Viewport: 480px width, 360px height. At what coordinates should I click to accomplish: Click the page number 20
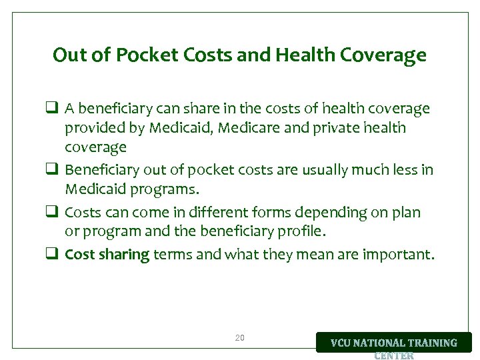[240, 338]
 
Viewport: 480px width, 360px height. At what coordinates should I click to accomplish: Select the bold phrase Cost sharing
[107, 254]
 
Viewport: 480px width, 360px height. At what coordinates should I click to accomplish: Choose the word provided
[91, 127]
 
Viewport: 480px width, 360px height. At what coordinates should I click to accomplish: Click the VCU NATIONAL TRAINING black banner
[393, 343]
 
